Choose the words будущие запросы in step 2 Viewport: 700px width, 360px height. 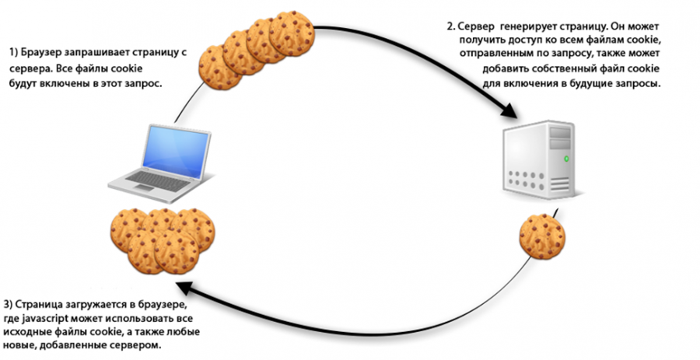point(621,82)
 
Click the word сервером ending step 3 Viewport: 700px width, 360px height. point(138,345)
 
